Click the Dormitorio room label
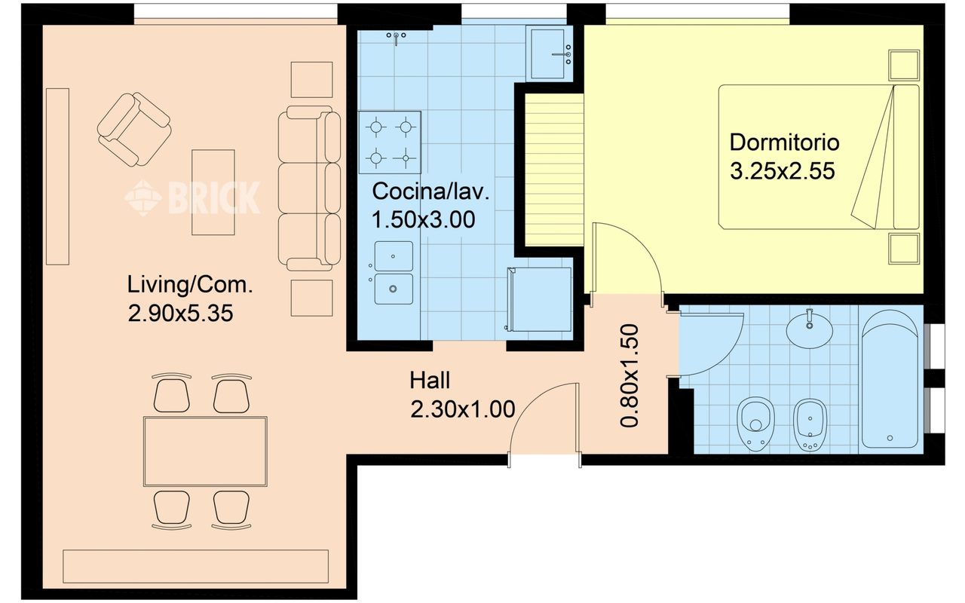[x=784, y=142]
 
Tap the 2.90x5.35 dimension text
[x=180, y=313]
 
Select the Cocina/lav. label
[x=430, y=191]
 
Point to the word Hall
[x=430, y=381]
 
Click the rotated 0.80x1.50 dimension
[x=630, y=375]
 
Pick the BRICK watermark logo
[x=192, y=197]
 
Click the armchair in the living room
[x=134, y=129]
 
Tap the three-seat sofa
[x=309, y=188]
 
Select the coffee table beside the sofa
[x=213, y=192]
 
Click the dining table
[x=206, y=451]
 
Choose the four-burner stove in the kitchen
[x=390, y=142]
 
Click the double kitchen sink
[x=393, y=273]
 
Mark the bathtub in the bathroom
[x=890, y=379]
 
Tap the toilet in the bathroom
[x=755, y=424]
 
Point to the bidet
[x=810, y=425]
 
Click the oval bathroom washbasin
[x=810, y=329]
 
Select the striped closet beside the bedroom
[x=554, y=170]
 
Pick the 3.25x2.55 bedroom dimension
[x=783, y=171]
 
